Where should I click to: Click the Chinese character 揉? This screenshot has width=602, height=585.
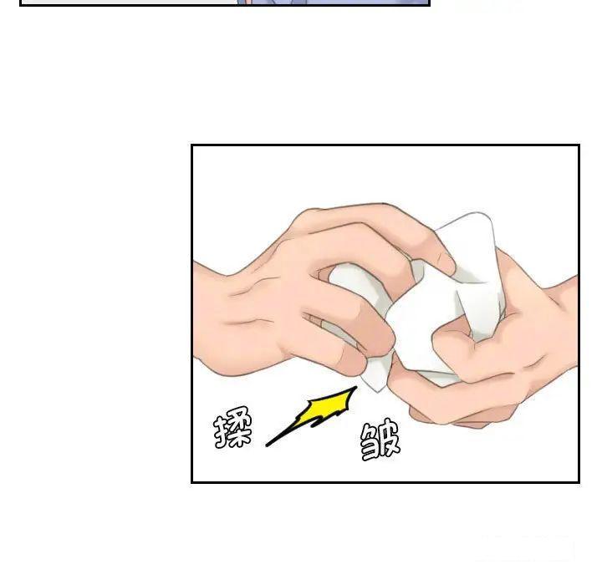pos(232,430)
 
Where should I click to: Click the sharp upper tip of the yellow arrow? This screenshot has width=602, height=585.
pos(355,389)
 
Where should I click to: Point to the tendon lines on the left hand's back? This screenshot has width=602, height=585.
pos(251,292)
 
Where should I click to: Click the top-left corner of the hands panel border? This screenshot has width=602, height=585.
pos(192,145)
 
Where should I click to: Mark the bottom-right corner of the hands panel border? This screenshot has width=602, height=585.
pos(579,482)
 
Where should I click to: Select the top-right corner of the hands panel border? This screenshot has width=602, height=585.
pos(579,145)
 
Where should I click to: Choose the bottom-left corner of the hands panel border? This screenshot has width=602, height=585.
pos(192,482)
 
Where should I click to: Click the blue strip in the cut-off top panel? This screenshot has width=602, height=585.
pos(334,3)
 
